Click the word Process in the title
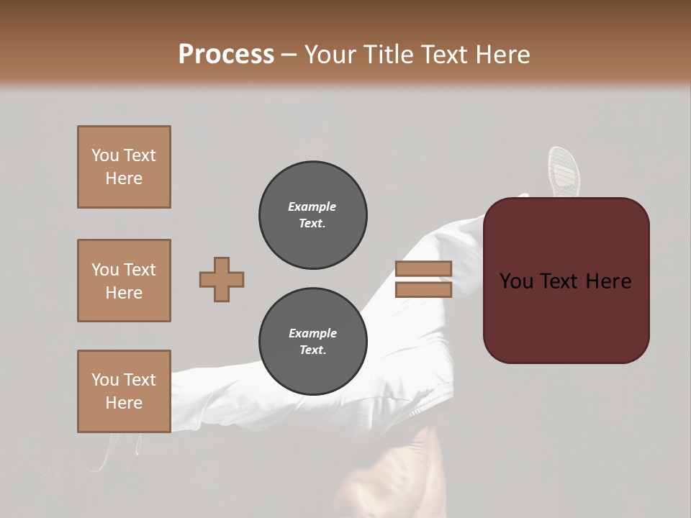(x=226, y=55)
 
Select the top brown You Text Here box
(x=124, y=167)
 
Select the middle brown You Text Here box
(x=124, y=281)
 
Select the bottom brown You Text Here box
(x=124, y=391)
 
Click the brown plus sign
(x=222, y=279)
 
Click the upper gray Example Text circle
(x=313, y=215)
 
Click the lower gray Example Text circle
(x=313, y=342)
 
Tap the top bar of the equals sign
(x=423, y=269)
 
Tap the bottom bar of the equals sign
(x=423, y=290)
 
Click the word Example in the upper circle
(x=312, y=206)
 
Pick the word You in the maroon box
(x=516, y=281)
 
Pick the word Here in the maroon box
(x=608, y=281)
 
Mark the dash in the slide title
(x=289, y=55)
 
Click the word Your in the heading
(x=330, y=55)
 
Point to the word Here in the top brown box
(x=124, y=178)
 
